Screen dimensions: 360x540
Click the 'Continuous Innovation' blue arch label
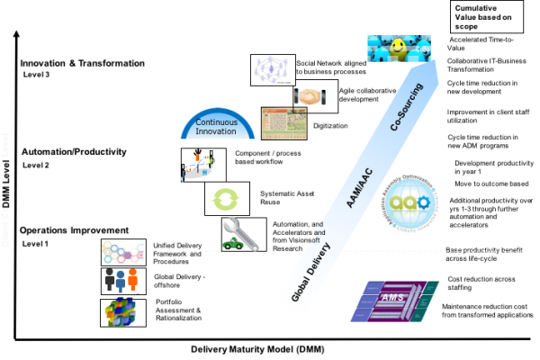[x=217, y=126]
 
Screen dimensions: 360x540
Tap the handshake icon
[x=310, y=96]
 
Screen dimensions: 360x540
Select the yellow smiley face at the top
[x=398, y=46]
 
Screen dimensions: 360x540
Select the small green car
[x=231, y=242]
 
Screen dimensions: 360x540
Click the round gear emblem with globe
[x=409, y=203]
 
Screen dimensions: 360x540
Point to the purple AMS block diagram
[x=394, y=300]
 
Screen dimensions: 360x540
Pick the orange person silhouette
[x=133, y=279]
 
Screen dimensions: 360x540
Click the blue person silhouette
[x=121, y=280]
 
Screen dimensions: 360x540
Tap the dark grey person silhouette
[x=109, y=279]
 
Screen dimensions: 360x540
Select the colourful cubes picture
[x=121, y=311]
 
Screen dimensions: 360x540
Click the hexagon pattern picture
[x=122, y=251]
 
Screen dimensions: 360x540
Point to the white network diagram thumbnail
[x=273, y=69]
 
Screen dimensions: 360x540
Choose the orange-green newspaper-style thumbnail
[x=283, y=123]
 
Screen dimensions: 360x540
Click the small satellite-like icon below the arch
[x=199, y=167]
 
